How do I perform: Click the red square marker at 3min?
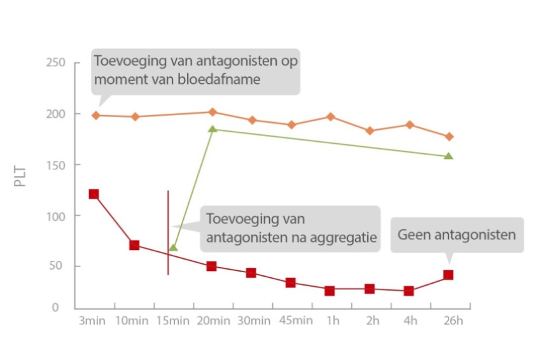pyautogui.click(x=94, y=194)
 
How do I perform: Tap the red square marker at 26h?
pyautogui.click(x=449, y=275)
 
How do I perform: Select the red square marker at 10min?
pyautogui.click(x=134, y=245)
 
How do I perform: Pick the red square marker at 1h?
pyautogui.click(x=330, y=291)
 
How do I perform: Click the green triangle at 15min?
pyautogui.click(x=173, y=247)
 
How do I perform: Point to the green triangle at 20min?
pyautogui.click(x=213, y=129)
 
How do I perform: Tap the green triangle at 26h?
pyautogui.click(x=449, y=156)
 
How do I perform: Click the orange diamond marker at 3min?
pyautogui.click(x=95, y=115)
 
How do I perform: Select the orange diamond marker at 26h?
pyautogui.click(x=449, y=137)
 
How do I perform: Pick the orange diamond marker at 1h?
pyautogui.click(x=330, y=116)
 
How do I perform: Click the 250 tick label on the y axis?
pyautogui.click(x=56, y=63)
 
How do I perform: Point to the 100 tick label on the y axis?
pyautogui.click(x=56, y=216)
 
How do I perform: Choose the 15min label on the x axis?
pyautogui.click(x=173, y=321)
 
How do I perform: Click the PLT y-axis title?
pyautogui.click(x=20, y=177)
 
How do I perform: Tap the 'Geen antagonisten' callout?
pyautogui.click(x=456, y=235)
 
